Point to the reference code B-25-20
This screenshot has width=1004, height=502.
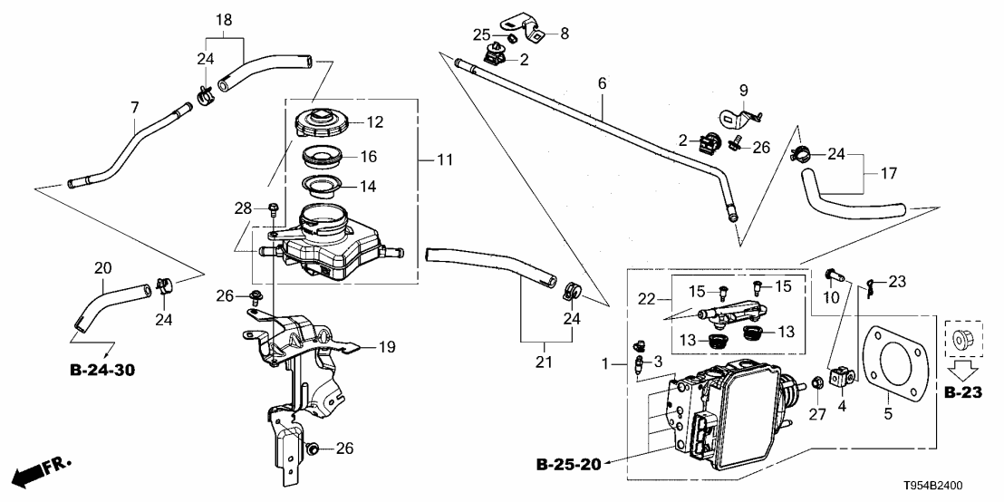point(567,467)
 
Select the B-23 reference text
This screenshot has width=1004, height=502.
point(961,393)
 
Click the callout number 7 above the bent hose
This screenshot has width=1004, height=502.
point(134,108)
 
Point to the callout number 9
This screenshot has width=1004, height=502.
point(743,90)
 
